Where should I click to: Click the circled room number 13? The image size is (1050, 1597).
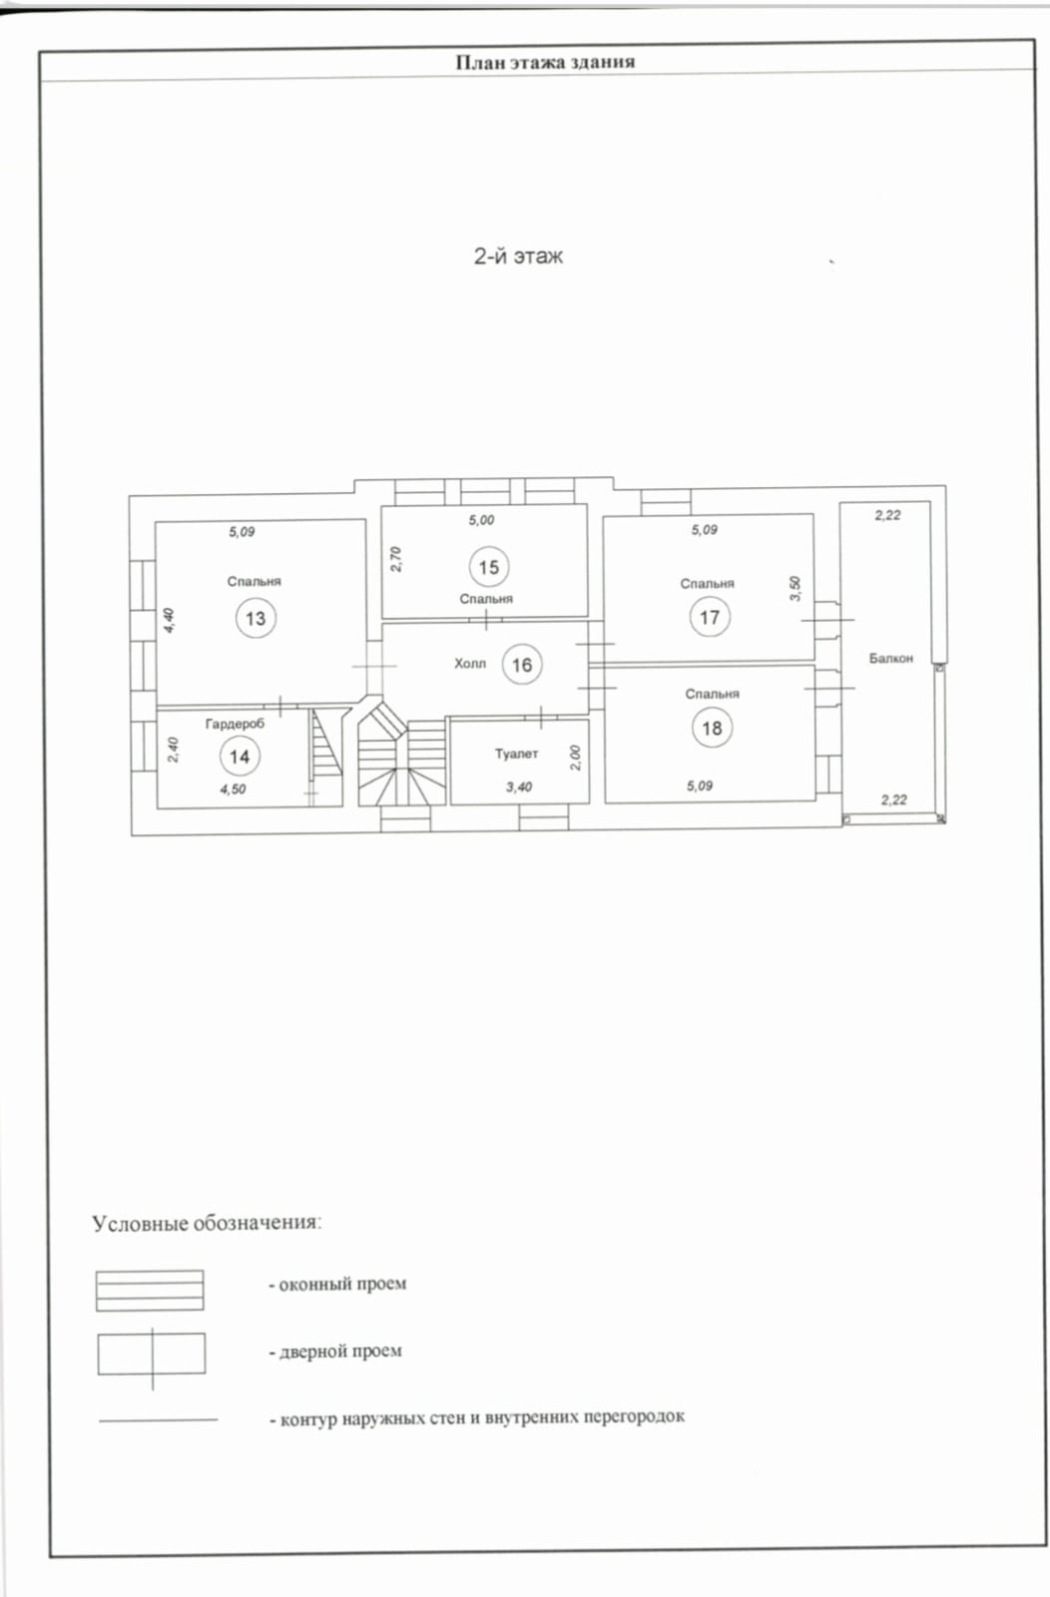[x=256, y=618]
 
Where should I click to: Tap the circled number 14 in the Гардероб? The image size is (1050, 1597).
[x=240, y=757]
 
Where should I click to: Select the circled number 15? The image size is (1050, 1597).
[x=489, y=567]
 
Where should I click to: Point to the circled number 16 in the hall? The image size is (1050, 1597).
[x=522, y=665]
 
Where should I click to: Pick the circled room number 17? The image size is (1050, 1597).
[x=710, y=617]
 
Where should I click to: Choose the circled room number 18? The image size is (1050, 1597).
[x=712, y=728]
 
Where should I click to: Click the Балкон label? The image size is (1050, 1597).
[x=891, y=658]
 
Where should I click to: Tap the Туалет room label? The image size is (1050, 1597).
[x=517, y=754]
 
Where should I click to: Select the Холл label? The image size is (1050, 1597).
[x=470, y=664]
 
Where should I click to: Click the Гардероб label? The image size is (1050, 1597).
[x=235, y=724]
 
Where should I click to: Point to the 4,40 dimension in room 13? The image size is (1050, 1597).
[x=169, y=620]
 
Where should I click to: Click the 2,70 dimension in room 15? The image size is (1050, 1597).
[x=396, y=559]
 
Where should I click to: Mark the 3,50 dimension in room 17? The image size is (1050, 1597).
[x=795, y=588]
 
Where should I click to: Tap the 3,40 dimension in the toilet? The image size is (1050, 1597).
[x=519, y=787]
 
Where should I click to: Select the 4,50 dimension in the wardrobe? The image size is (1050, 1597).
[x=234, y=790]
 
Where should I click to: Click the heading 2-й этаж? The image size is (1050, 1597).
[x=518, y=256]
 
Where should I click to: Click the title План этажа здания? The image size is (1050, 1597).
[x=545, y=62]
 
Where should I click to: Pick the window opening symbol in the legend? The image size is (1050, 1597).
[x=150, y=1291]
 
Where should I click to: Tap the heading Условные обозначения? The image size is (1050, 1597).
[x=207, y=1223]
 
